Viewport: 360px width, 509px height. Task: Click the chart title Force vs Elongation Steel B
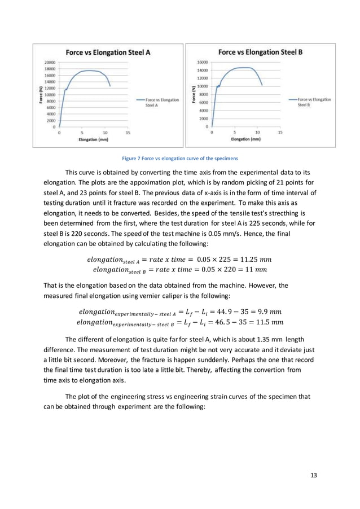(x=260, y=51)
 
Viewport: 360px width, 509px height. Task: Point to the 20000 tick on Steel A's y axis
(x=50, y=62)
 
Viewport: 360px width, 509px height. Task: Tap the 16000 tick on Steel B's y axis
(x=202, y=62)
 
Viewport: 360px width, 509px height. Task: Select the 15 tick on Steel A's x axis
(x=128, y=133)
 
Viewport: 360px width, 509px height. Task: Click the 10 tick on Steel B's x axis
(x=257, y=133)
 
